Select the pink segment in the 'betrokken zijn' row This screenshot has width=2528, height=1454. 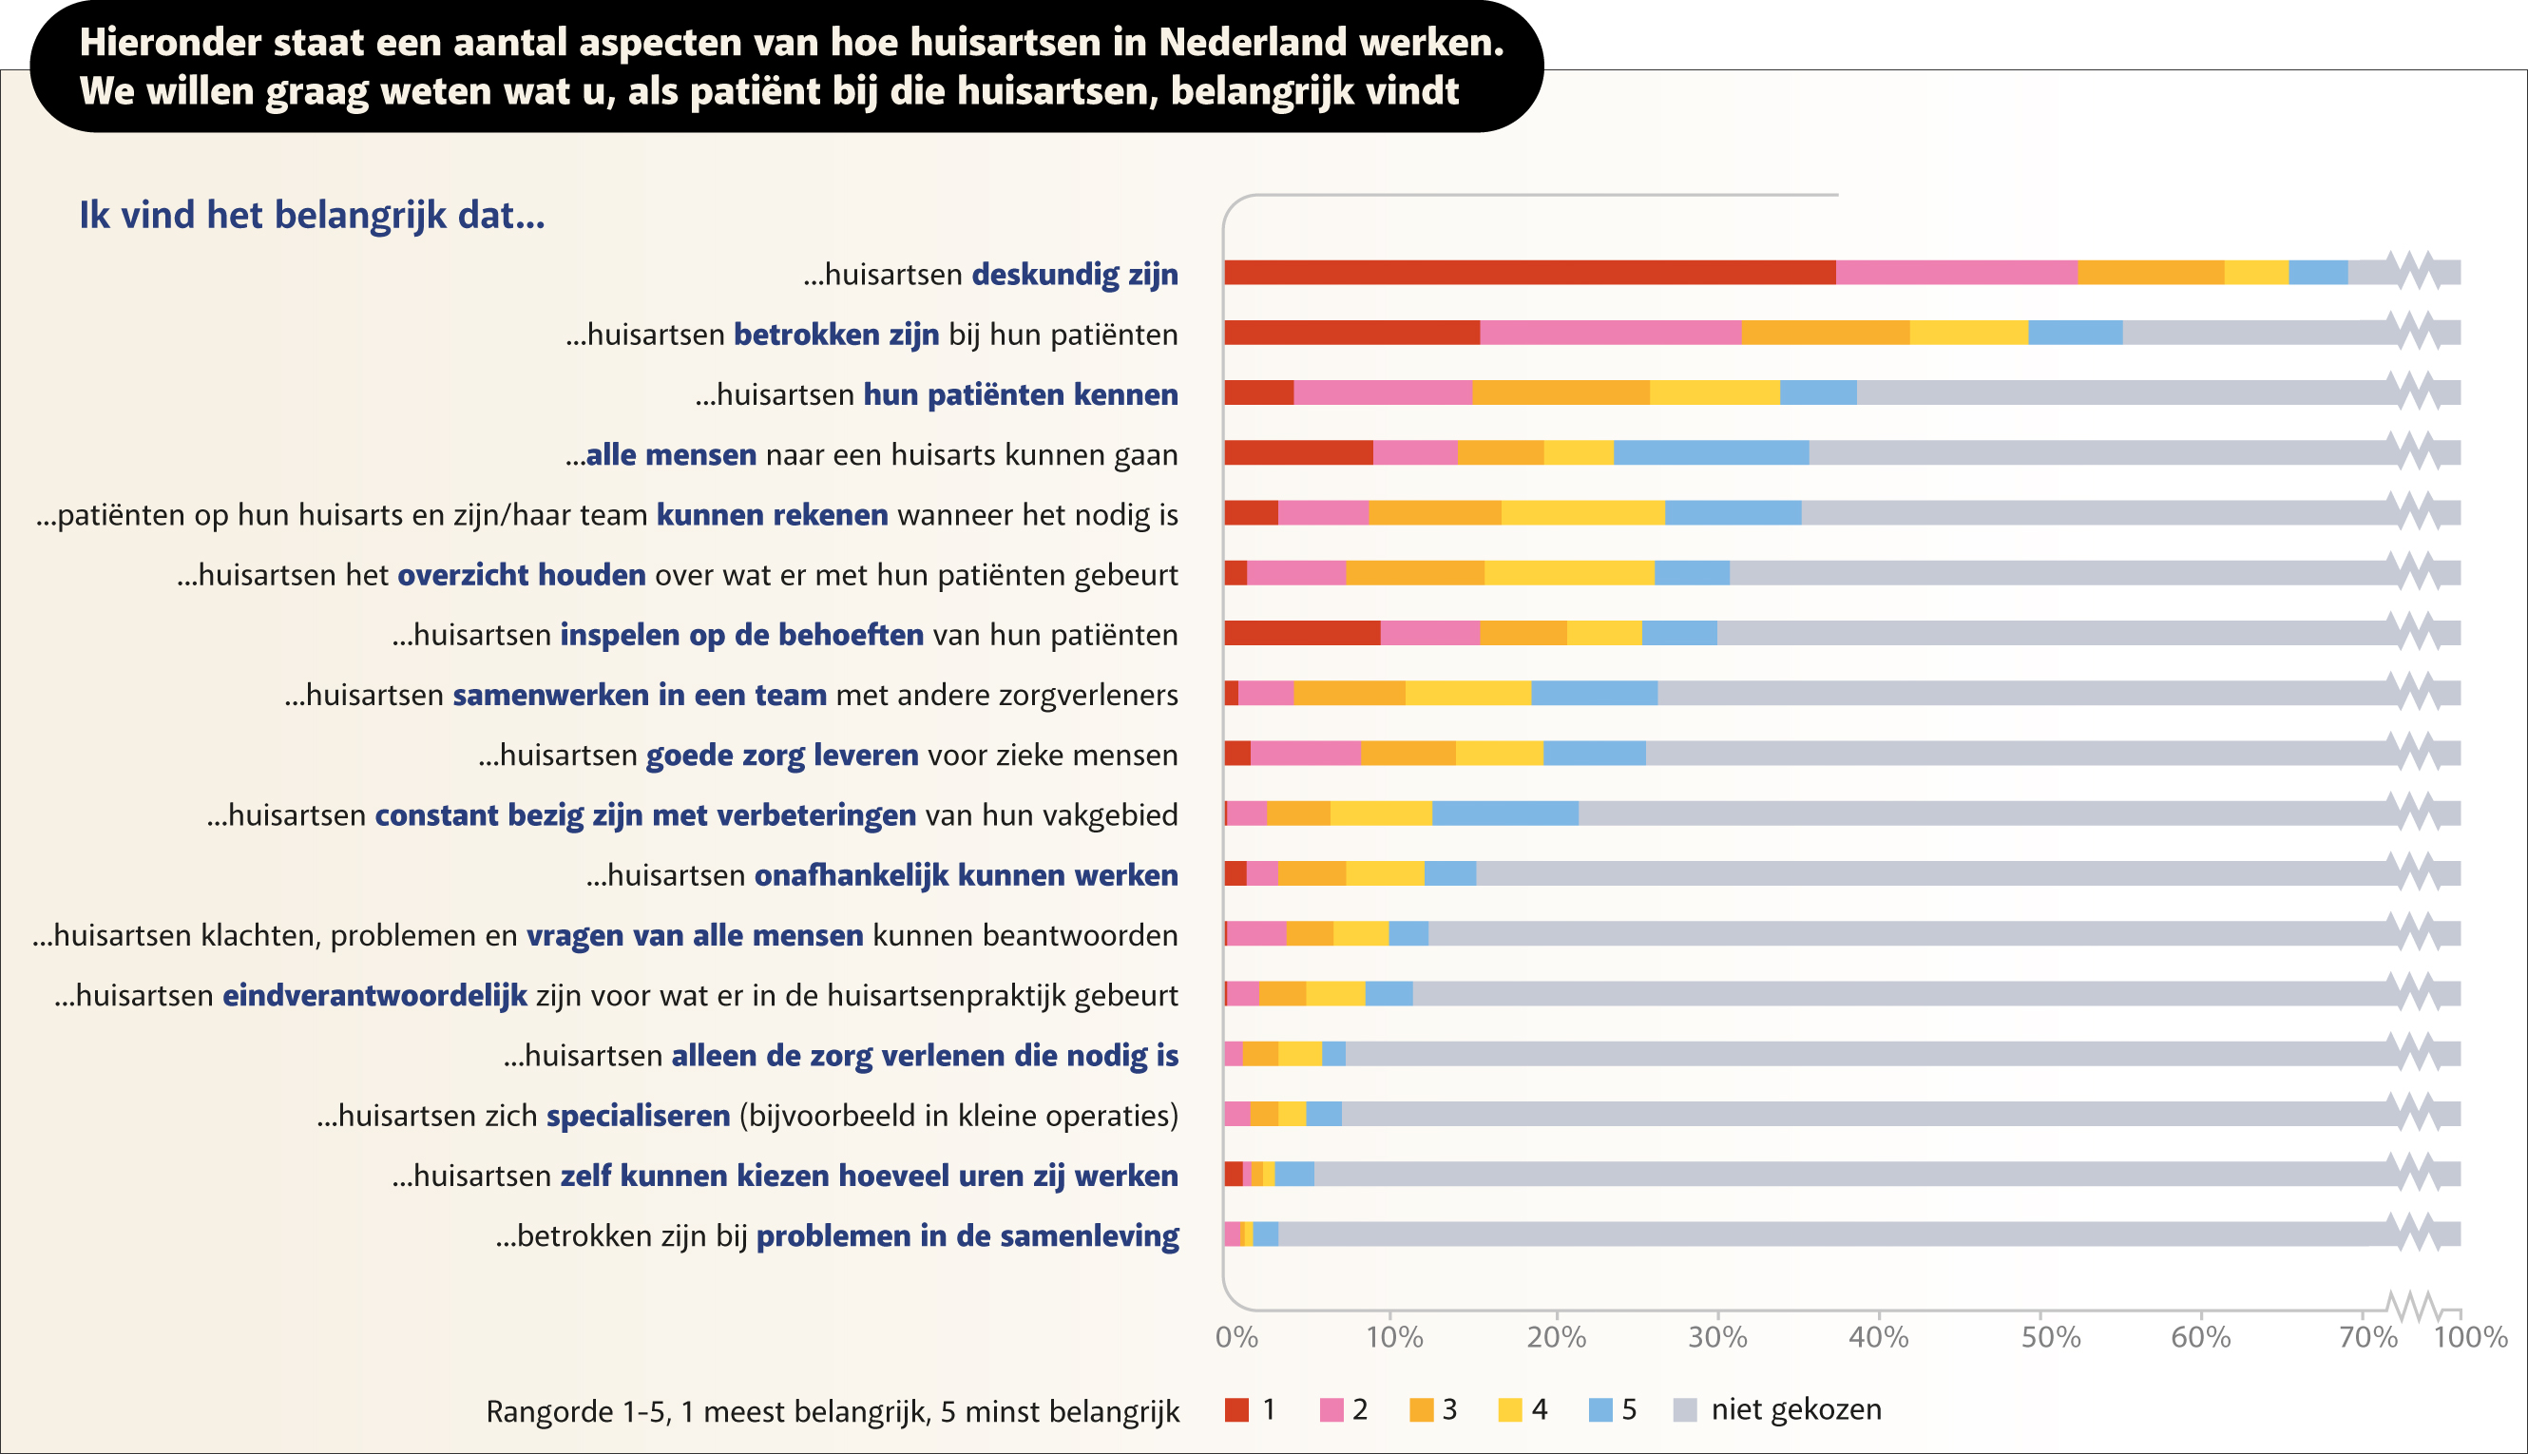(1611, 333)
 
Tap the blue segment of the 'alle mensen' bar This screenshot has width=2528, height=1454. (1711, 452)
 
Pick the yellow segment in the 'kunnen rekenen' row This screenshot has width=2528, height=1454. (1582, 512)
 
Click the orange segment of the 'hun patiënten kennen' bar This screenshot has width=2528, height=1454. (1561, 392)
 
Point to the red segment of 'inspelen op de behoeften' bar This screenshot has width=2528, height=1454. (1302, 632)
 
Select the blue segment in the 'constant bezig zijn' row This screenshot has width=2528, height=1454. (1504, 813)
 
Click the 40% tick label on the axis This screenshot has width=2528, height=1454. (1878, 1337)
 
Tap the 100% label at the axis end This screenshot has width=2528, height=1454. (2470, 1337)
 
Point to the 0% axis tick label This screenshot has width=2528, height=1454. (1236, 1337)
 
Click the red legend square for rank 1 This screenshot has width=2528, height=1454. (1237, 1409)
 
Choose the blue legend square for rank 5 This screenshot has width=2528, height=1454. (1600, 1409)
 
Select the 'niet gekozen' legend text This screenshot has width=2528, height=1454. (1795, 1409)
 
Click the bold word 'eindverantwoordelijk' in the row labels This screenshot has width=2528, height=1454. (374, 996)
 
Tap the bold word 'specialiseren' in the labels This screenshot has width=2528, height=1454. (638, 1116)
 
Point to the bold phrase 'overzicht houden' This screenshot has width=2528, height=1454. (521, 575)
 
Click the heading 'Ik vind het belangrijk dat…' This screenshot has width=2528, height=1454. (313, 216)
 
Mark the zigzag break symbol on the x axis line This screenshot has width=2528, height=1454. (2411, 1305)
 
